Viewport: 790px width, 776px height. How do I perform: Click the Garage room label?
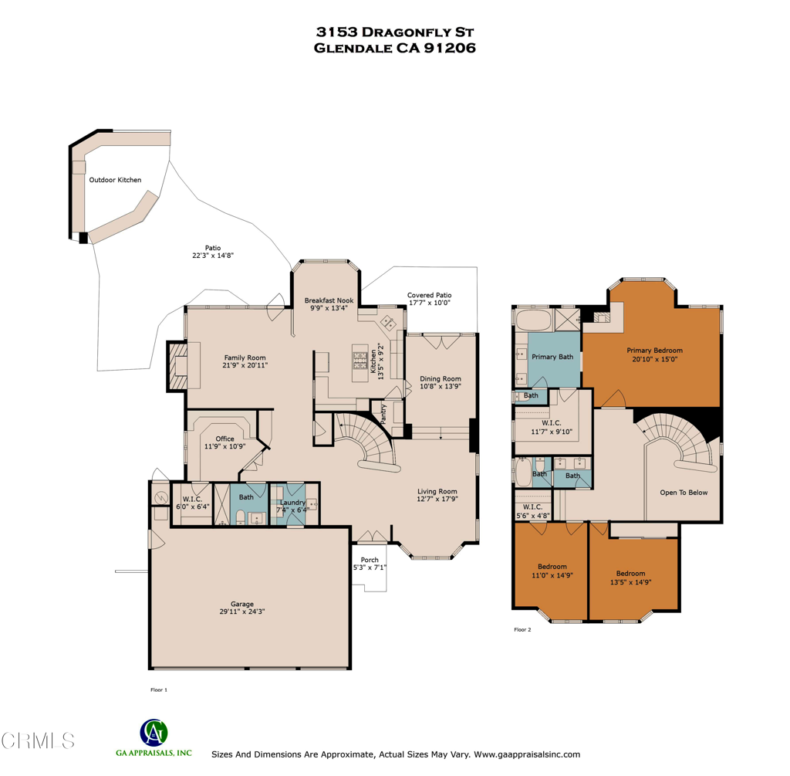click(x=241, y=604)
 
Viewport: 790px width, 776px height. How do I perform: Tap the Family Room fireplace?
click(x=177, y=366)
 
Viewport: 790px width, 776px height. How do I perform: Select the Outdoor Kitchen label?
click(x=116, y=180)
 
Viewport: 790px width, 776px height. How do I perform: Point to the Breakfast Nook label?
click(x=329, y=300)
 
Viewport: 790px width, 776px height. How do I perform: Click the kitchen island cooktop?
click(x=360, y=361)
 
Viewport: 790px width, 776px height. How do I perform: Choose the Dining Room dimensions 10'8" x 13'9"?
click(x=441, y=386)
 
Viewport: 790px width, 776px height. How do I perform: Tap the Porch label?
click(x=370, y=560)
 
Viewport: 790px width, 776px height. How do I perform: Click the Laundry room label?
click(x=292, y=503)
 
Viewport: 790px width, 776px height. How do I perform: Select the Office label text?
click(x=225, y=439)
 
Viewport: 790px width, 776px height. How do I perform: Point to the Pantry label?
click(x=383, y=413)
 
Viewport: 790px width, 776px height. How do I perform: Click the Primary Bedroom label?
click(x=654, y=351)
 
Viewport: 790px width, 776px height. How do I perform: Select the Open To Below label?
click(x=684, y=493)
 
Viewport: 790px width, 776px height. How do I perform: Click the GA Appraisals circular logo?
click(x=154, y=733)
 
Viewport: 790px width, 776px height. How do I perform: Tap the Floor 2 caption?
click(x=522, y=630)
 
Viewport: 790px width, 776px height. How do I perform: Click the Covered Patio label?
click(x=429, y=295)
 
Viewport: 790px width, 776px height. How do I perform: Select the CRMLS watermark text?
click(x=38, y=740)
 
